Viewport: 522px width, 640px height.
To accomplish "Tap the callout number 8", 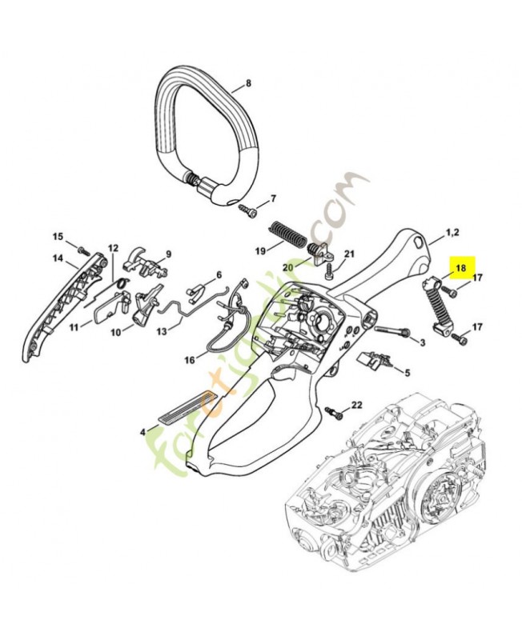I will [248, 83].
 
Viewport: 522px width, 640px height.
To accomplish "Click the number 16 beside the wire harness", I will [190, 360].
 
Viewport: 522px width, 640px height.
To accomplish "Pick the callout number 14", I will [58, 258].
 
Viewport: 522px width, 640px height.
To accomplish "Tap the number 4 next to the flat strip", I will [143, 431].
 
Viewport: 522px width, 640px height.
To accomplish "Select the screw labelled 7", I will [245, 209].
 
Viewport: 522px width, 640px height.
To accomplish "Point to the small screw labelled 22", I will [337, 413].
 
